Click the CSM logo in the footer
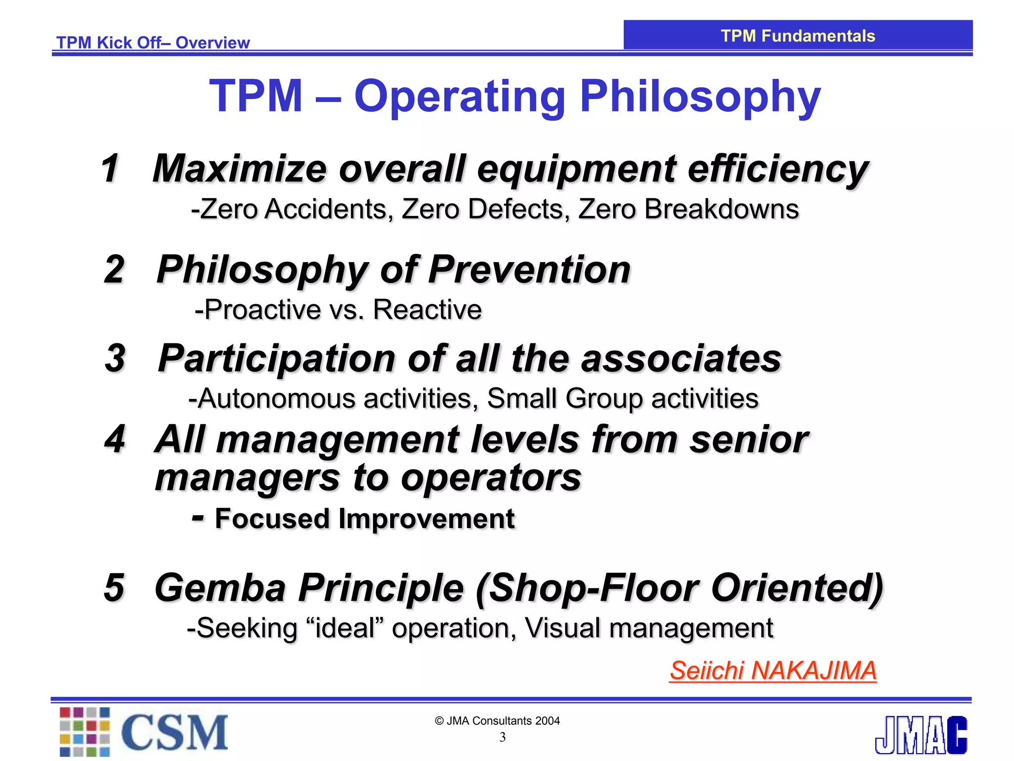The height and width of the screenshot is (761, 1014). pos(144,732)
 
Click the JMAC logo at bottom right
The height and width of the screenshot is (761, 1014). pos(920,735)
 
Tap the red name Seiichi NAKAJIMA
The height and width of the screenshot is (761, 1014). pos(773,671)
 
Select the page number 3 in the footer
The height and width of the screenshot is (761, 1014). pos(503,738)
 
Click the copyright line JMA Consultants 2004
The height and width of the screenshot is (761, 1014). pos(498,721)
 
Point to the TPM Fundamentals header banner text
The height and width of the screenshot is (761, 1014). pos(798,36)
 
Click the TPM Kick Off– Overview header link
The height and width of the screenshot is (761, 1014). pos(153,43)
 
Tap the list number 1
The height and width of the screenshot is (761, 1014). pos(110,168)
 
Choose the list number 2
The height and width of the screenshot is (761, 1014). pos(114,270)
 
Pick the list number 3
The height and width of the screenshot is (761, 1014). pos(115,358)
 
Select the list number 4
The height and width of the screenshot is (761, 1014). pos(115,439)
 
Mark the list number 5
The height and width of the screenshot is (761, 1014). pos(114,588)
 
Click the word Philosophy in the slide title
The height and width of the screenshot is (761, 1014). pos(700,97)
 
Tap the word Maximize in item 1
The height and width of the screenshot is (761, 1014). pos(240,169)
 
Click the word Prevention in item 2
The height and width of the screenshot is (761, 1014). pos(529,271)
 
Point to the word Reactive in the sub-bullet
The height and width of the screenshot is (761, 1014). pos(427,310)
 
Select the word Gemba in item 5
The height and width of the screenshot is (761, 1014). pos(220,588)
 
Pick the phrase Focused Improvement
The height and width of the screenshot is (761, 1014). pos(365,519)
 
